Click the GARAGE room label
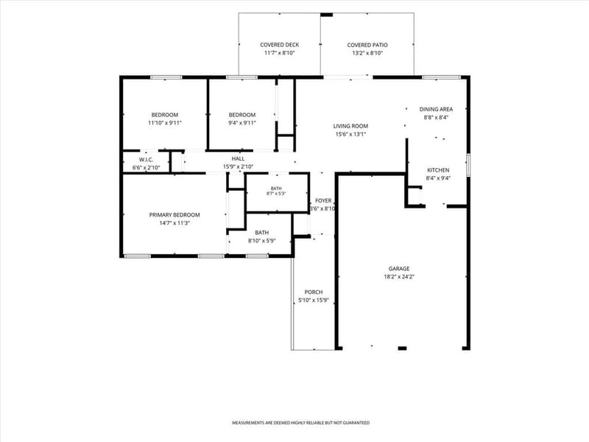click(x=399, y=268)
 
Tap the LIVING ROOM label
click(x=350, y=126)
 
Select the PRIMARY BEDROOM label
click(x=174, y=215)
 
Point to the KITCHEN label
click(x=438, y=170)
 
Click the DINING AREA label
click(x=436, y=109)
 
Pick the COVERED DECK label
click(x=280, y=45)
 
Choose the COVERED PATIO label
click(x=367, y=45)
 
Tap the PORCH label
click(x=314, y=292)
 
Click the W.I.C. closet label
click(x=146, y=160)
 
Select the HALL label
click(x=238, y=158)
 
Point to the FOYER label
click(x=323, y=200)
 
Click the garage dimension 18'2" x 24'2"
click(x=399, y=277)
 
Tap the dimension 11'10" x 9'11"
click(x=165, y=123)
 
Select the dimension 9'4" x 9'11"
click(x=242, y=123)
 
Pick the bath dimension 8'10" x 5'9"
click(x=262, y=241)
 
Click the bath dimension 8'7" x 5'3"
click(x=276, y=194)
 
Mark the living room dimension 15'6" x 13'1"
click(x=350, y=134)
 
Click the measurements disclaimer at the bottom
click(x=300, y=423)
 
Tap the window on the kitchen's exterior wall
click(x=468, y=164)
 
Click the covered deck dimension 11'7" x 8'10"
click(x=280, y=53)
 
